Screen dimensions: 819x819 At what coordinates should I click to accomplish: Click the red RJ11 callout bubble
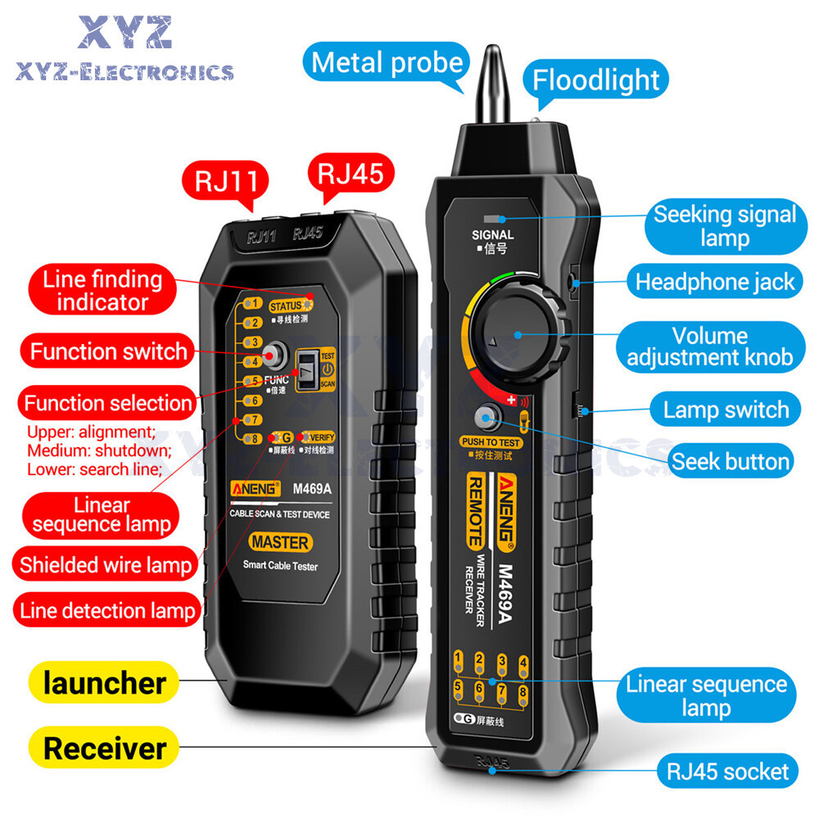[223, 181]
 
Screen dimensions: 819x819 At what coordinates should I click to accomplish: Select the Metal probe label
[387, 62]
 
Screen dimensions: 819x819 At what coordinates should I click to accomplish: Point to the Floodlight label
[595, 79]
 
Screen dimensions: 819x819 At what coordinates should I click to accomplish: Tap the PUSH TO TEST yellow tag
[491, 442]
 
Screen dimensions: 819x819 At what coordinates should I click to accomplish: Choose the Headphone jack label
[715, 282]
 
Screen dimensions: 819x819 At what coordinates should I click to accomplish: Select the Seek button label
[731, 461]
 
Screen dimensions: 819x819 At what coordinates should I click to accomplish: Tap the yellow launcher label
[104, 683]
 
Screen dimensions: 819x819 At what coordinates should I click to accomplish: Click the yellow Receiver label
[104, 748]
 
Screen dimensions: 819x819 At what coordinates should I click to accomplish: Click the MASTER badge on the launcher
[280, 542]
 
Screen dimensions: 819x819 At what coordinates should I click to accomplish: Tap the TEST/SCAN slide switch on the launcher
[309, 369]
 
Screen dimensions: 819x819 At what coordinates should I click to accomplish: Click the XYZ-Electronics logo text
[124, 73]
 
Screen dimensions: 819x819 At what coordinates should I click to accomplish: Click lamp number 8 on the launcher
[255, 439]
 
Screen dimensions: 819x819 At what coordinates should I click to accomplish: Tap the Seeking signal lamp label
[724, 226]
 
